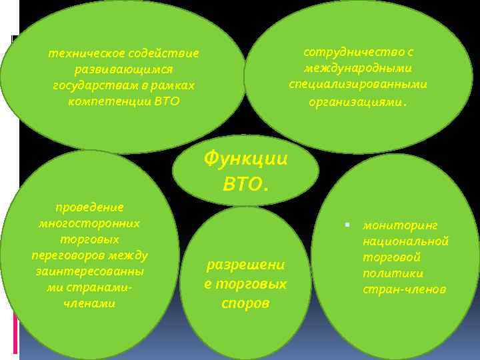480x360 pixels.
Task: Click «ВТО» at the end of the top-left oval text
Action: pos(167,101)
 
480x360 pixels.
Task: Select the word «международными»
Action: pos(358,69)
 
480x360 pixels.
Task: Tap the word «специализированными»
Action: pos(358,85)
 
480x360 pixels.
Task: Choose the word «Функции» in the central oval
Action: pos(245,159)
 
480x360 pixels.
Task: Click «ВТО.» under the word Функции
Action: pos(246,184)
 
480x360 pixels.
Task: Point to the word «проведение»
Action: pos(89,207)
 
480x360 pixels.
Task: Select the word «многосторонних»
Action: pos(89,223)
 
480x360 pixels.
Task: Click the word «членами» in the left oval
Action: pos(89,303)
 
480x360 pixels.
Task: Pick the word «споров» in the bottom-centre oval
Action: pos(245,303)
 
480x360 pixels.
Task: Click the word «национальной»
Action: pos(405,241)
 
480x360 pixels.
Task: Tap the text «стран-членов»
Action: pos(404,290)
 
